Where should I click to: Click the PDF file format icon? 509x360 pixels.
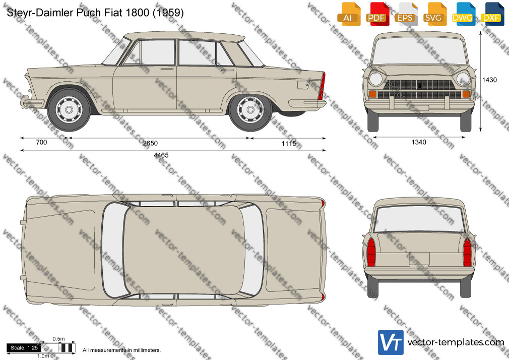tap(376, 14)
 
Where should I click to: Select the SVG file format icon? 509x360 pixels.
tap(434, 14)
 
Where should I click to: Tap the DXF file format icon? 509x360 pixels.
tap(491, 14)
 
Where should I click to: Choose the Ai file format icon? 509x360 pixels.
tap(348, 14)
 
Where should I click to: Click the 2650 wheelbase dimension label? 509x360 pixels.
tap(150, 143)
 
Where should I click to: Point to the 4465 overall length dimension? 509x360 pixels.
tap(161, 155)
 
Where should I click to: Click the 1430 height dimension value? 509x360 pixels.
tap(489, 80)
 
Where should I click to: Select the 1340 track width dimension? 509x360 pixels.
tap(419, 142)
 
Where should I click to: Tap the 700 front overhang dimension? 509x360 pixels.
tap(41, 142)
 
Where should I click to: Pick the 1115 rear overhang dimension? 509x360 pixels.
tap(289, 143)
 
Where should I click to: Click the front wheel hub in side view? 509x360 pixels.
tap(69, 109)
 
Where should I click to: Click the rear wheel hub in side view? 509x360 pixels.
tap(250, 109)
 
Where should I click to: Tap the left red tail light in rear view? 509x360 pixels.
tap(371, 252)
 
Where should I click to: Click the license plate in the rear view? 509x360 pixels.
tap(419, 259)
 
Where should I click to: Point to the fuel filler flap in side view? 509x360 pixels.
tap(303, 85)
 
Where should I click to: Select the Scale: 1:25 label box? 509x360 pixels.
tap(24, 348)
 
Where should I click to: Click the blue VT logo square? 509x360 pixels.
tap(391, 342)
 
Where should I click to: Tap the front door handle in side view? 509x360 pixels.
tap(167, 69)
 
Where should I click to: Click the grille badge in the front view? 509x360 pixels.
tap(419, 86)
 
